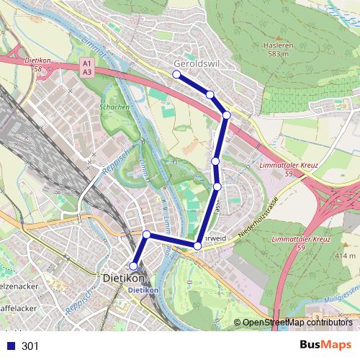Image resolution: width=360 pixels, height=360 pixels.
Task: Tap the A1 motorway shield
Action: tap(86, 64)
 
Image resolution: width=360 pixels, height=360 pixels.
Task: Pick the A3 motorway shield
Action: tap(86, 72)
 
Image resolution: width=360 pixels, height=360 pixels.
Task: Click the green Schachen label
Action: tap(114, 107)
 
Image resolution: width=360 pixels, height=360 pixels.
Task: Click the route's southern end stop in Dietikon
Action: tap(133, 266)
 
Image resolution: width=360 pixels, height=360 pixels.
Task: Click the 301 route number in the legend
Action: tap(30, 346)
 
